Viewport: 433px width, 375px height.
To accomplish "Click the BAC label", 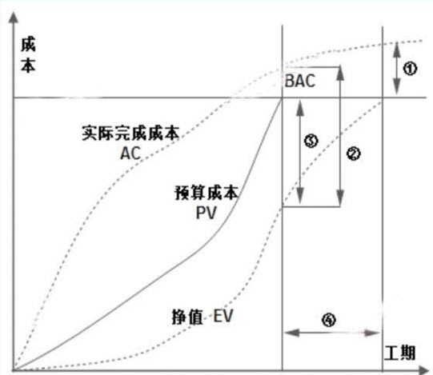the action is click(300, 81).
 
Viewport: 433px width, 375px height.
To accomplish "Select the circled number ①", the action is click(410, 68).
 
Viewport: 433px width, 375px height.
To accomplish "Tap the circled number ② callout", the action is click(353, 154).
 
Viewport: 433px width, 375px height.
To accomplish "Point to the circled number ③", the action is click(311, 141).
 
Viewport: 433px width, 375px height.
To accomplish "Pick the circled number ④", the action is click(329, 320).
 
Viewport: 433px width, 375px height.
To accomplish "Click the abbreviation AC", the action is click(130, 154).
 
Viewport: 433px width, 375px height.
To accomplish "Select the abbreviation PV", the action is click(206, 213).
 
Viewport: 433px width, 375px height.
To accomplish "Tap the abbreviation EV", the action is click(223, 316).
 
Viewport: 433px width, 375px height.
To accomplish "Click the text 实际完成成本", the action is click(130, 133).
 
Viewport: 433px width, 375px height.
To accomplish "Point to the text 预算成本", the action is click(206, 193).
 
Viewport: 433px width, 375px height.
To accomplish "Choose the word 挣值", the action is click(187, 317).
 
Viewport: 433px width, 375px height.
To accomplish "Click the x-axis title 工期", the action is click(399, 353).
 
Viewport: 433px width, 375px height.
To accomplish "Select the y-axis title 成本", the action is click(28, 55).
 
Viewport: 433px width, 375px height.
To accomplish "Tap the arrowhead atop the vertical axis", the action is click(14, 18).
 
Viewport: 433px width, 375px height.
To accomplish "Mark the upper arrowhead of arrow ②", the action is click(340, 74).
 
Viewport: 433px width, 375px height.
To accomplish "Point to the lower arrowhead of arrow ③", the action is click(300, 197).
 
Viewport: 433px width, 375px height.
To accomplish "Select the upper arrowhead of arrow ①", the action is click(397, 49).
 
